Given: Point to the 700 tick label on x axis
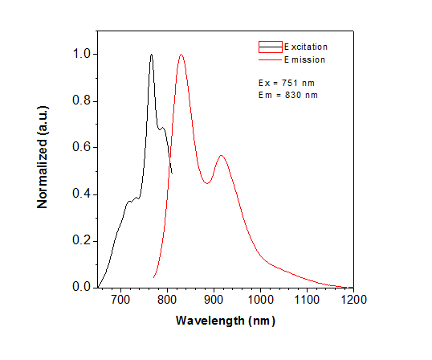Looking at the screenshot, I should pyautogui.click(x=120, y=300).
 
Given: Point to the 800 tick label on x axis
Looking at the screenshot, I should pyautogui.click(x=167, y=300).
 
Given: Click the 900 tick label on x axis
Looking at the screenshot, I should pyautogui.click(x=214, y=300).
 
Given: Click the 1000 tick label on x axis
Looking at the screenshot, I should pyautogui.click(x=260, y=300).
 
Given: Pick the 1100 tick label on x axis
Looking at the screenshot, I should pyautogui.click(x=307, y=300).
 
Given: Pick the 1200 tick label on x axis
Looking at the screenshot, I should pyautogui.click(x=353, y=300).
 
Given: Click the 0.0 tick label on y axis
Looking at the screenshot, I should pyautogui.click(x=82, y=287).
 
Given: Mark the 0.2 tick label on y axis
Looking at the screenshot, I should pyautogui.click(x=82, y=240).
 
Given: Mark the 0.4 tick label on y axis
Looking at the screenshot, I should pyautogui.click(x=82, y=194).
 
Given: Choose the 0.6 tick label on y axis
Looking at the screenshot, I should pyautogui.click(x=82, y=147).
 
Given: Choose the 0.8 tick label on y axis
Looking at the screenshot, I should pyautogui.click(x=82, y=101).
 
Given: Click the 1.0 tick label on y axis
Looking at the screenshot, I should pyautogui.click(x=82, y=55).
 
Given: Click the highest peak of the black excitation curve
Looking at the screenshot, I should pyautogui.click(x=151, y=55).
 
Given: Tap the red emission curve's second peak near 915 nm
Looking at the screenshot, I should pyautogui.click(x=221, y=156).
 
